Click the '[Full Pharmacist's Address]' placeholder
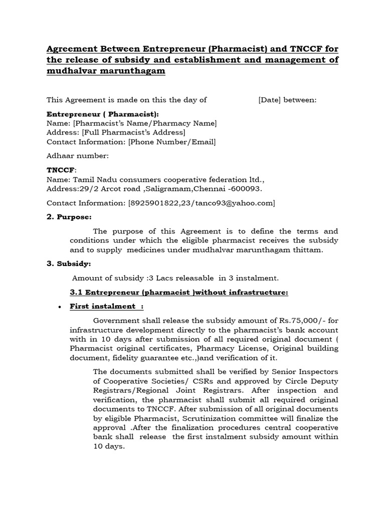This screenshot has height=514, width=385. [x=133, y=133]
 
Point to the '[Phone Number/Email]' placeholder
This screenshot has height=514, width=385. [x=172, y=142]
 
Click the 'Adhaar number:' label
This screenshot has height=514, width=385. [x=77, y=156]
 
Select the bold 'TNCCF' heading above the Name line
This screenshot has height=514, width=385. [x=59, y=170]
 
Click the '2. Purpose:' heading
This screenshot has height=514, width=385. [x=69, y=217]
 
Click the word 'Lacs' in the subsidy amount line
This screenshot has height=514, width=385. [x=158, y=278]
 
